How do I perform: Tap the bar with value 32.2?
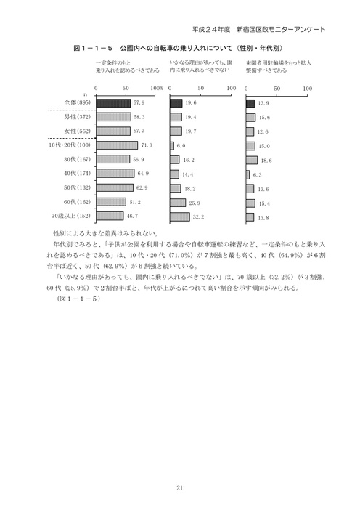pyautogui.click(x=179, y=216)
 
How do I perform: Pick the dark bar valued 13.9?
pyautogui.click(x=250, y=103)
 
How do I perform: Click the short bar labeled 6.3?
pyautogui.click(x=247, y=174)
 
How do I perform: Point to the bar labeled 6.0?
pyautogui.click(x=172, y=145)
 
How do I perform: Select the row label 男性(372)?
pyautogui.click(x=76, y=117)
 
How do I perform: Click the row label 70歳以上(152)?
pyautogui.click(x=71, y=216)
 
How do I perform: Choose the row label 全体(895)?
pyautogui.click(x=76, y=103)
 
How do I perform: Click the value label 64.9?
pyautogui.click(x=142, y=174)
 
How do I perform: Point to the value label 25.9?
pyautogui.click(x=193, y=202)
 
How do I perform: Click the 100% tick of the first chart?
pyautogui.click(x=156, y=87)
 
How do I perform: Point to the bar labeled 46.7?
pyautogui.click(x=109, y=216)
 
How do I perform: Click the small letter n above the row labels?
pyautogui.click(x=86, y=95)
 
